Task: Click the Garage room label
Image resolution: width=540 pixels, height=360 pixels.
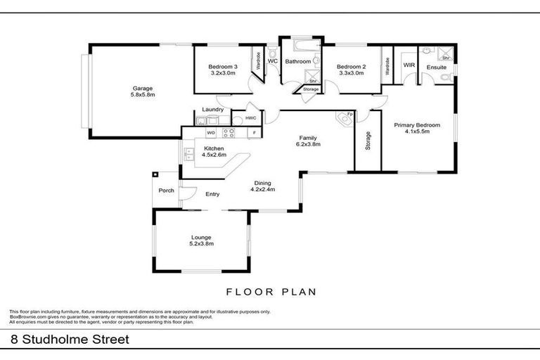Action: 143,89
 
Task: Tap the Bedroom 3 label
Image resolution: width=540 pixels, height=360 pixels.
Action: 222,67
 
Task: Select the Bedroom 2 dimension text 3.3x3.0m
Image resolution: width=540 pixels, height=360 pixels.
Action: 351,72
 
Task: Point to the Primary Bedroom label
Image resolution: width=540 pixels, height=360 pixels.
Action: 417,125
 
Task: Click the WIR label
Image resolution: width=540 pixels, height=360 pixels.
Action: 408,65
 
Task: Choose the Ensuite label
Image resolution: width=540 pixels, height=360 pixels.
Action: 437,67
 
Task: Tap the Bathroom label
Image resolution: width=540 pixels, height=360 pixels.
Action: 297,62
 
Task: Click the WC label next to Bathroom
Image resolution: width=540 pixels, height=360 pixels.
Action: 273,61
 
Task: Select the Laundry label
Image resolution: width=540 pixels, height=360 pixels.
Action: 212,110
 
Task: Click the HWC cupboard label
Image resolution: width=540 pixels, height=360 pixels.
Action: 251,117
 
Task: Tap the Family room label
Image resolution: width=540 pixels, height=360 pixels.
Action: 308,138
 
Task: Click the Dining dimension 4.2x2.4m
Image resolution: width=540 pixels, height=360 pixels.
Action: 264,189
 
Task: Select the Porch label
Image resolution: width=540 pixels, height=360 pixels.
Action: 166,191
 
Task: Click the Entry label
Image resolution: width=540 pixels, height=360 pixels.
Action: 212,195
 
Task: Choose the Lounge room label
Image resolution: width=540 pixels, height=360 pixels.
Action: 201,238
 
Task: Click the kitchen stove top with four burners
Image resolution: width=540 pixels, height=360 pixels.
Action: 229,132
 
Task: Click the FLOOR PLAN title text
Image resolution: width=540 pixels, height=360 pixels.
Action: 271,291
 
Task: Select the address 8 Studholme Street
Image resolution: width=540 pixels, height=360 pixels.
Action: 70,339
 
